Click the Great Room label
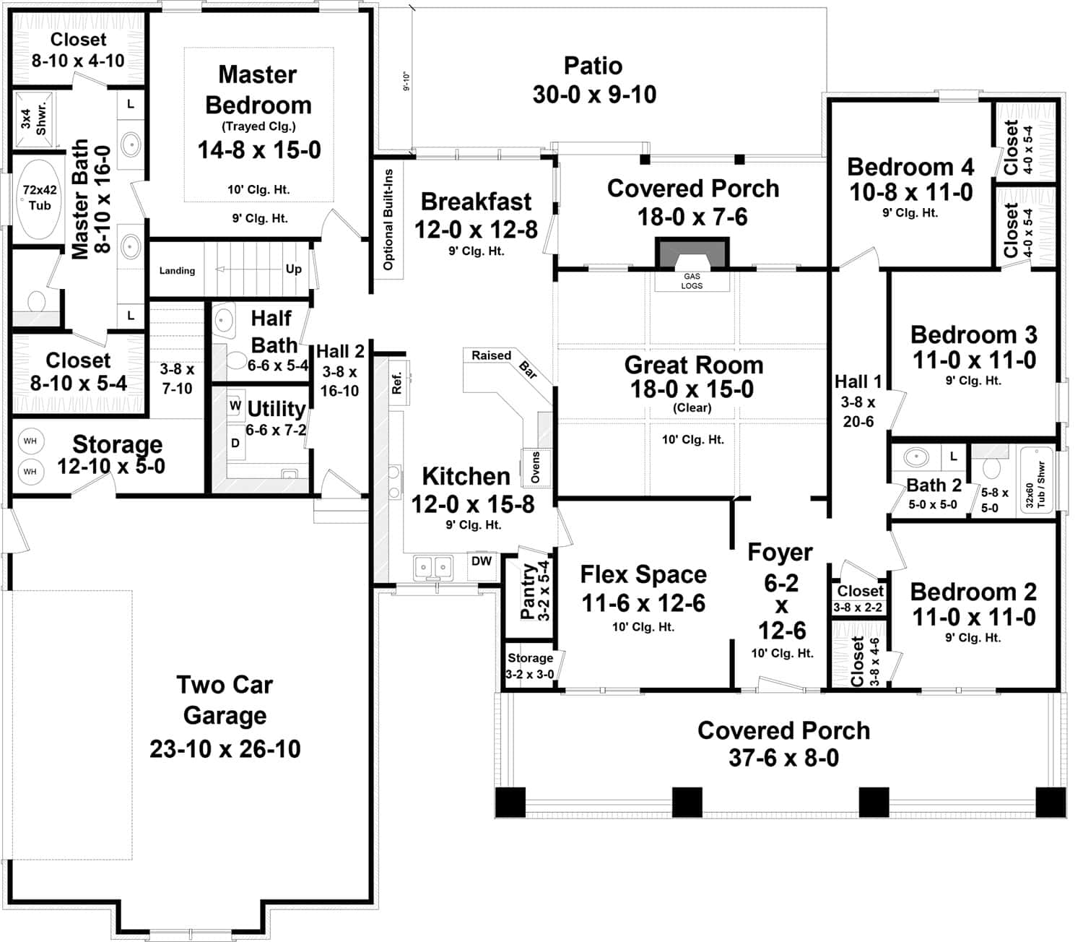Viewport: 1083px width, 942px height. [x=693, y=365]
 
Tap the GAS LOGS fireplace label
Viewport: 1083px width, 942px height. [x=692, y=281]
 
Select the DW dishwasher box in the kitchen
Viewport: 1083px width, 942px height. [x=482, y=561]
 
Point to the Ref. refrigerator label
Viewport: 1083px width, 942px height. [x=397, y=384]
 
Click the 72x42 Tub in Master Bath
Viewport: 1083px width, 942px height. [x=40, y=198]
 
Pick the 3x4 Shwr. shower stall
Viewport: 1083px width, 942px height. [x=32, y=118]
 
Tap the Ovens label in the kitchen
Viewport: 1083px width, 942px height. [x=535, y=467]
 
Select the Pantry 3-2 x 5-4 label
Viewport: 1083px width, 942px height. [x=535, y=592]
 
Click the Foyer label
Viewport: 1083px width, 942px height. [x=780, y=553]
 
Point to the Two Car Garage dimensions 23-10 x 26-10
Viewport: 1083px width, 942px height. [x=225, y=749]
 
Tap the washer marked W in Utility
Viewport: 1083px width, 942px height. [x=235, y=406]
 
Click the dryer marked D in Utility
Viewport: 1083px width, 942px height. [x=235, y=443]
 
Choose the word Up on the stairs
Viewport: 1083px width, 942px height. [x=293, y=269]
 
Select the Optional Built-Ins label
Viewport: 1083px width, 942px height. [x=388, y=220]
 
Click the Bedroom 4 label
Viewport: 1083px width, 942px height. [x=910, y=167]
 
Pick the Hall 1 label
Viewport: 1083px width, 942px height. [x=858, y=381]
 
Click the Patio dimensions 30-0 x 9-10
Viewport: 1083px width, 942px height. [x=594, y=95]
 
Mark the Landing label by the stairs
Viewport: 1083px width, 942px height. [x=177, y=270]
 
